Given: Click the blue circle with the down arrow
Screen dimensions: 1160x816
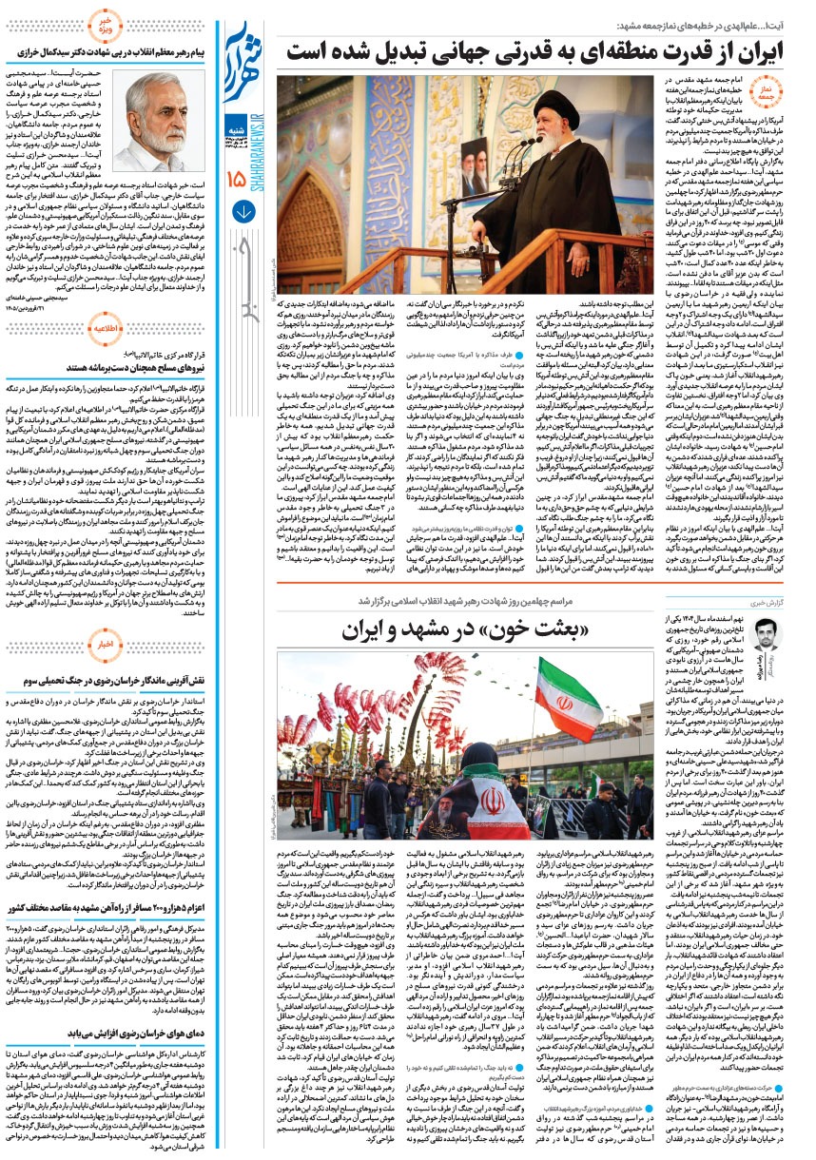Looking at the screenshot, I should point(241,212).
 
